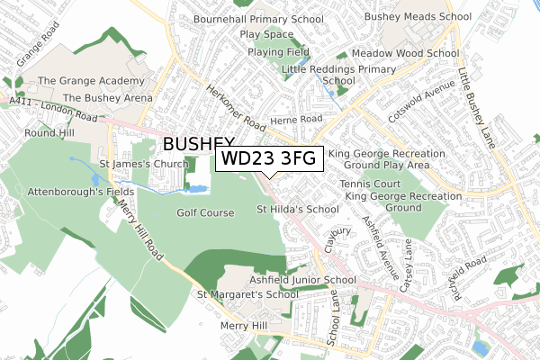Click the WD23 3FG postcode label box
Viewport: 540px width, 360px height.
[x=267, y=159]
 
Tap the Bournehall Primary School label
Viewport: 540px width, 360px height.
[x=258, y=19]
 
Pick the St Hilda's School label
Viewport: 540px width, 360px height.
[x=298, y=210]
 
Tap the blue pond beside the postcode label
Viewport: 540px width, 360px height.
[x=196, y=190]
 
